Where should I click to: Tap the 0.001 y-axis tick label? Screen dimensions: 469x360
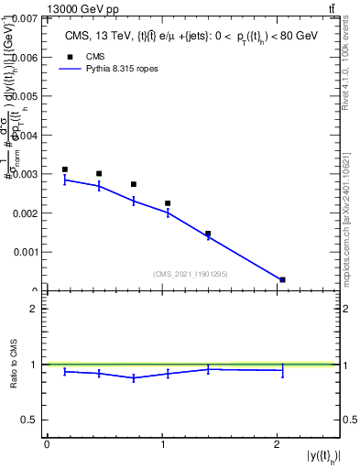click(x=25, y=251)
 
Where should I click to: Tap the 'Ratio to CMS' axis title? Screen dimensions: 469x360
click(x=13, y=365)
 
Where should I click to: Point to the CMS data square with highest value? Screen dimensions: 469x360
click(x=64, y=169)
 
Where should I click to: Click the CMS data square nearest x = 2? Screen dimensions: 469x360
click(x=282, y=279)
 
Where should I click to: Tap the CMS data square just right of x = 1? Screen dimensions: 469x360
click(x=168, y=203)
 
